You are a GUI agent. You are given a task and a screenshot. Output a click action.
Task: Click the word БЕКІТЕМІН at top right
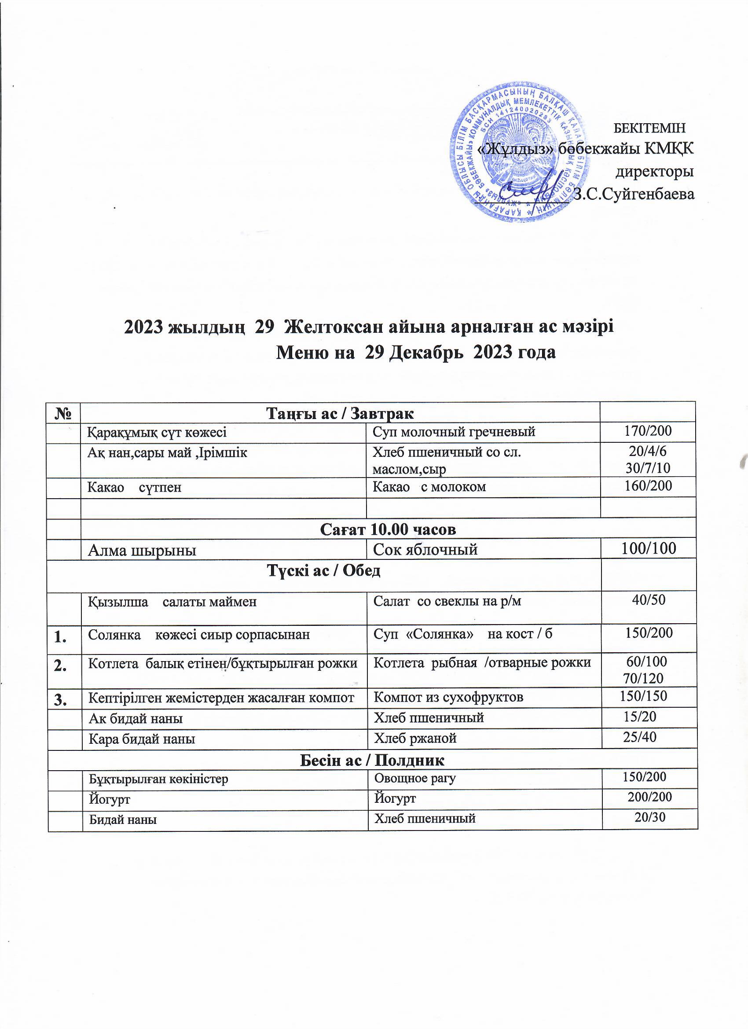(x=649, y=128)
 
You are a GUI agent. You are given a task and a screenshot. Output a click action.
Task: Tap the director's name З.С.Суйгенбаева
(x=634, y=194)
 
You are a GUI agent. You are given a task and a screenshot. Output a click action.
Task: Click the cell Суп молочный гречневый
(x=454, y=431)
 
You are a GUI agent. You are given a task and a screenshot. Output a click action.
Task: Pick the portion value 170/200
(x=648, y=430)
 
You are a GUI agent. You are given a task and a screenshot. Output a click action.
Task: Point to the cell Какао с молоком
(x=429, y=487)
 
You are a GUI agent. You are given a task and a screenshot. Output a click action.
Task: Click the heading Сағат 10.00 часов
(x=388, y=529)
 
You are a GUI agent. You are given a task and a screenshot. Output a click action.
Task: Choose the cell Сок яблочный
(x=425, y=549)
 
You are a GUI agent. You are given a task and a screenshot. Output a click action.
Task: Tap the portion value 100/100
(x=649, y=548)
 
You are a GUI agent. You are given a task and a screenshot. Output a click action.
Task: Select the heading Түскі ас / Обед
(x=323, y=571)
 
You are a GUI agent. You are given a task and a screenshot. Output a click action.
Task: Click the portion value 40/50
(x=649, y=600)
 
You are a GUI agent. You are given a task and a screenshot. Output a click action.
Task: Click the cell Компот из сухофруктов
(x=448, y=697)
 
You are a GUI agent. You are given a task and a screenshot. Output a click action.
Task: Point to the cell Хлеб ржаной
(x=414, y=739)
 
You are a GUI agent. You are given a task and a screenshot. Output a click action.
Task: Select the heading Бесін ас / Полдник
(x=372, y=760)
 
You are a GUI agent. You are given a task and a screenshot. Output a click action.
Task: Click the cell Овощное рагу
(x=414, y=778)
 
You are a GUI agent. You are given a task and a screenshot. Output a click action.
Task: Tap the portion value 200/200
(x=649, y=797)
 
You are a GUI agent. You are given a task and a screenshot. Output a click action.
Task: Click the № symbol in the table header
(x=63, y=413)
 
